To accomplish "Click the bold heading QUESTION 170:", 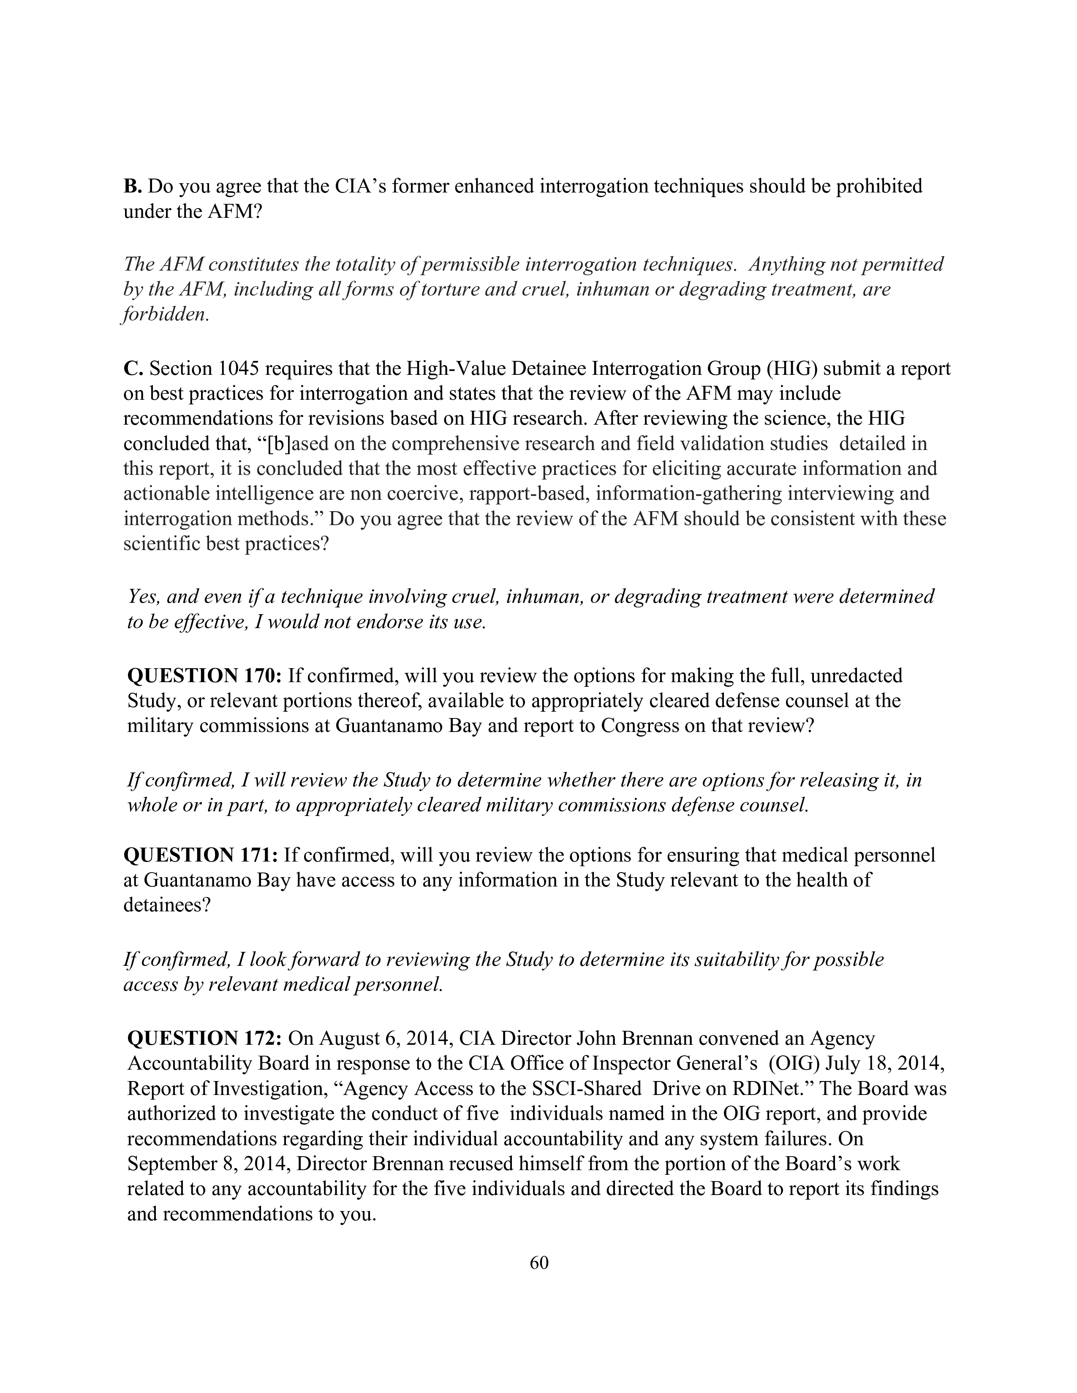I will pos(204,675).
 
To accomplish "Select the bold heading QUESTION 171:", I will pos(200,855).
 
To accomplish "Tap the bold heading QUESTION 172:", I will pos(204,1038).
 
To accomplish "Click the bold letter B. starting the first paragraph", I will pos(132,186).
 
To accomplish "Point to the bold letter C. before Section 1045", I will pos(133,369).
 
